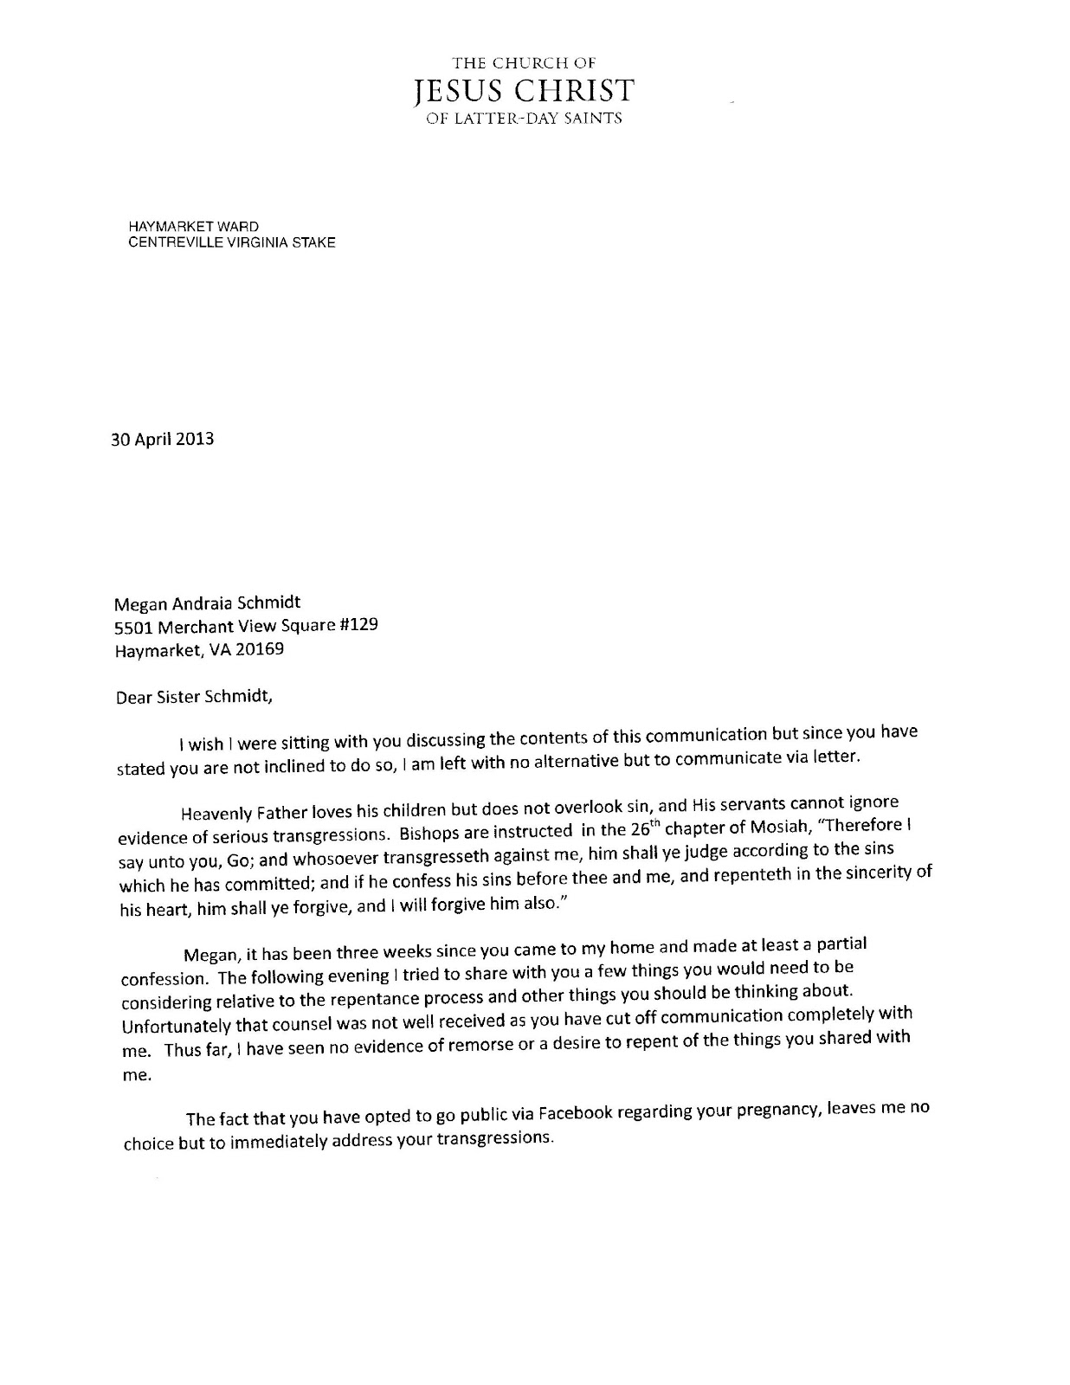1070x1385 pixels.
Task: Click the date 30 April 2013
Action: (162, 439)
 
